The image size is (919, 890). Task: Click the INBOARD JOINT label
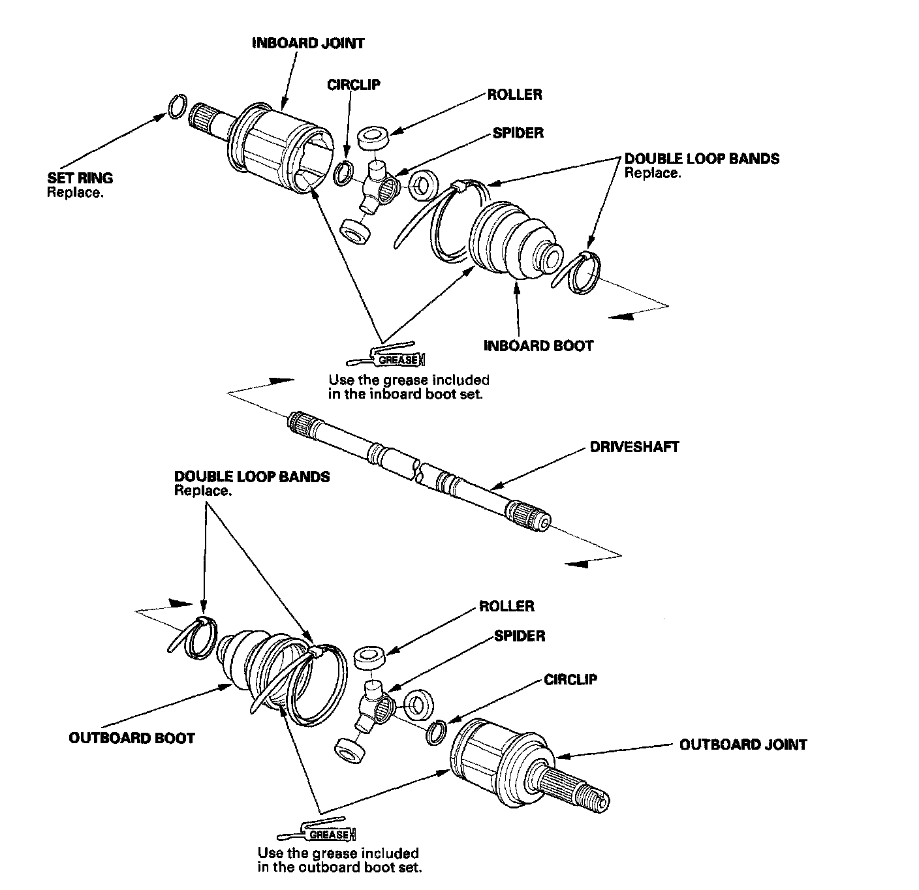308,43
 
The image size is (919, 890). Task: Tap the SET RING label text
80,177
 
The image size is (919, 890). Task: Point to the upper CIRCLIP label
353,84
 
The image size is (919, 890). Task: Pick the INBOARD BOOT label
538,345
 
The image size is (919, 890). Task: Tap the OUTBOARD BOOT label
132,738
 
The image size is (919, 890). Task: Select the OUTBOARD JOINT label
743,744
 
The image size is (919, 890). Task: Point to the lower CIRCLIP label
570,680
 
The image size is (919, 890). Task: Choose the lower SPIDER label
520,636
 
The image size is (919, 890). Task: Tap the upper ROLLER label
514,95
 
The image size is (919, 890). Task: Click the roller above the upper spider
373,138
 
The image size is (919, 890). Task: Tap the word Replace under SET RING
75,193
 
